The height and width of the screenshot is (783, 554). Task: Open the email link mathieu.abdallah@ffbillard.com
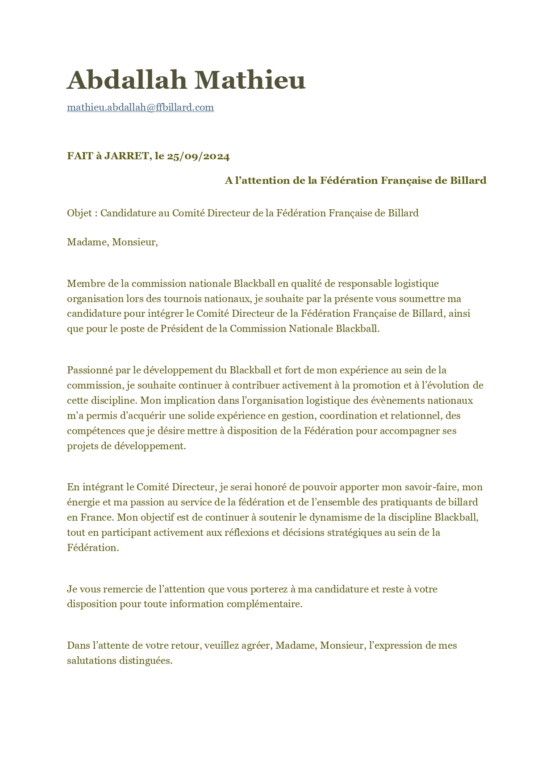click(140, 108)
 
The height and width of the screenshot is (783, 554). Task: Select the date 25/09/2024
click(198, 156)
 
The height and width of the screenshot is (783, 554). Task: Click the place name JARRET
click(126, 156)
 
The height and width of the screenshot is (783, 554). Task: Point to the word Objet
click(79, 213)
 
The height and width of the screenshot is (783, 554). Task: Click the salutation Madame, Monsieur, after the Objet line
click(112, 242)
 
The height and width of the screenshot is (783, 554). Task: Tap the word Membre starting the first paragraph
click(85, 284)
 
